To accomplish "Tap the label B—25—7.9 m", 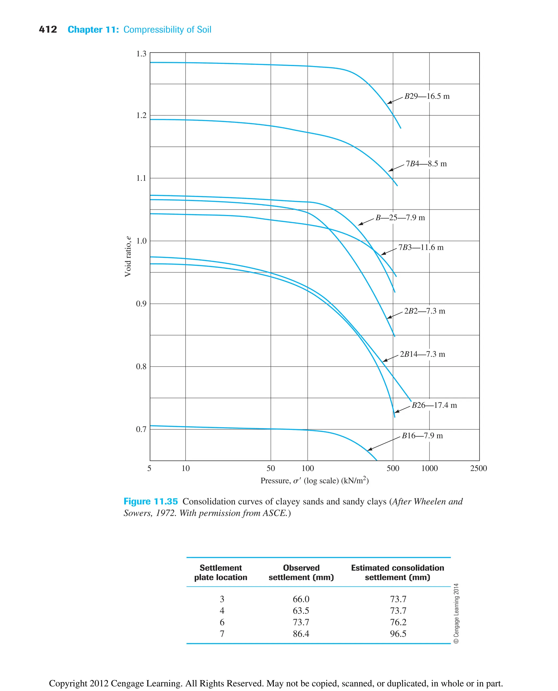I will (x=400, y=218).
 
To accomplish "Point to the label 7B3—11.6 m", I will (x=421, y=247).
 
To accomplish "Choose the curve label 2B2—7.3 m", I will (x=424, y=311).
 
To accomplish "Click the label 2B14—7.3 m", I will (x=422, y=354).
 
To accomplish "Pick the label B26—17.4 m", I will (x=434, y=405).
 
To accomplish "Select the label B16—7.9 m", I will (x=422, y=435).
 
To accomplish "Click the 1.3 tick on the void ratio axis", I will (x=141, y=54).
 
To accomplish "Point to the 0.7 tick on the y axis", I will (x=141, y=429).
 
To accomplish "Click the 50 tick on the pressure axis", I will (x=271, y=468).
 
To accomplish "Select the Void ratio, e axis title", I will (x=128, y=256).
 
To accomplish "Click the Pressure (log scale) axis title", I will (x=314, y=480).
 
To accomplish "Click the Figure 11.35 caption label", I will (x=150, y=501).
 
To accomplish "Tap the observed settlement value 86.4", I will (x=301, y=634).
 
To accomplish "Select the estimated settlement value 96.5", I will (x=398, y=634).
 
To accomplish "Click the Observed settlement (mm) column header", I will (x=301, y=572).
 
